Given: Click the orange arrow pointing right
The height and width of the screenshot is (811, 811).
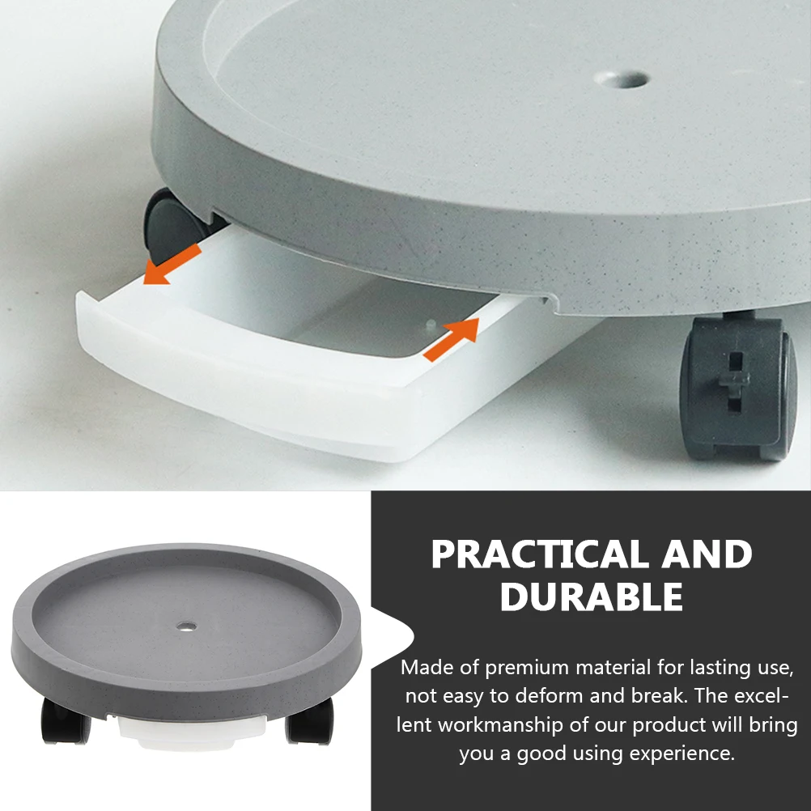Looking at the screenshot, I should (x=451, y=338).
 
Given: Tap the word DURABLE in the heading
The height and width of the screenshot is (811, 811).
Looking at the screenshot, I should (x=592, y=597).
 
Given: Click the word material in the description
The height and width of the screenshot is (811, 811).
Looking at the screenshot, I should (x=612, y=668).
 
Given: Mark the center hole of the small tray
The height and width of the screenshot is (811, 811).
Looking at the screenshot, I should (x=188, y=626).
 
